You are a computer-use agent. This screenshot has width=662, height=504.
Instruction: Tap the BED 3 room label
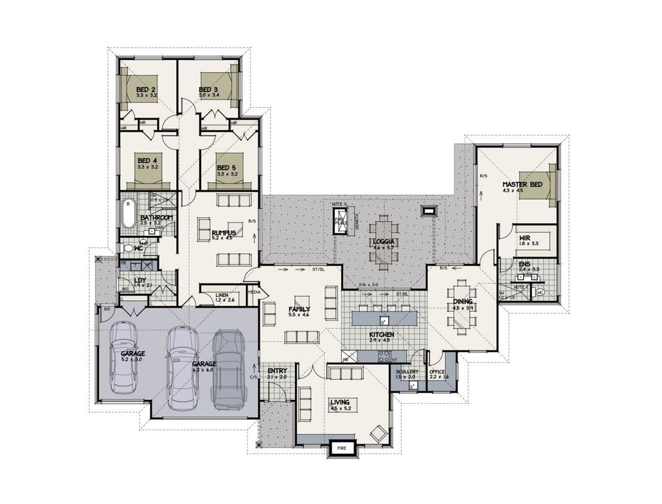(x=209, y=89)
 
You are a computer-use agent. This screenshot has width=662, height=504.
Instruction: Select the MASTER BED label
(x=522, y=184)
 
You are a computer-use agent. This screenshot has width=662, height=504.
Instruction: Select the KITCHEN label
(x=381, y=335)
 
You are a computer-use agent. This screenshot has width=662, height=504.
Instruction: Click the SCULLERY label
(x=407, y=372)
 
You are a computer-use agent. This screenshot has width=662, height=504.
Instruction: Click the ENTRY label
(x=277, y=371)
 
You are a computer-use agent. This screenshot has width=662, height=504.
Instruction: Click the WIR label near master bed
(x=525, y=238)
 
